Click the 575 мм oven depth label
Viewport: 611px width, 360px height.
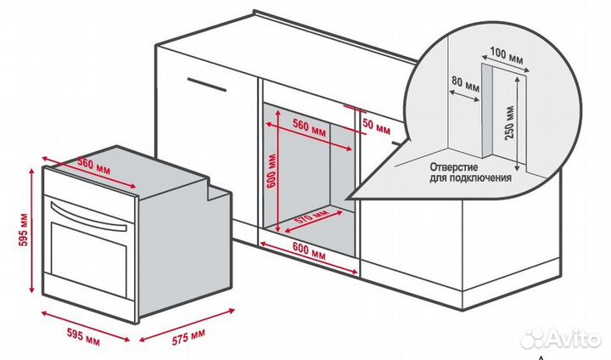point(188,337)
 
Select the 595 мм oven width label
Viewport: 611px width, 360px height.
point(83,336)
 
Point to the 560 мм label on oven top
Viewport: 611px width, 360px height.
point(93,166)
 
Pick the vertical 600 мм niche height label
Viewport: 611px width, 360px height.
point(272,172)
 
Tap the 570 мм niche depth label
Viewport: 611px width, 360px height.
point(311,220)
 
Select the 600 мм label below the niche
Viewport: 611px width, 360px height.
point(309,252)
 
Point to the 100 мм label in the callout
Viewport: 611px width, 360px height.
point(506,55)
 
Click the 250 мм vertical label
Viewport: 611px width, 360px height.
point(509,122)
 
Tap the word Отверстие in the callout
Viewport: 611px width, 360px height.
point(454,168)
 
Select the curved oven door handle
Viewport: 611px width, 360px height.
point(88,216)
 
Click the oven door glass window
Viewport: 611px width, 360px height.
point(88,259)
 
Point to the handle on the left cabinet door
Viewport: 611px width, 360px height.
point(206,85)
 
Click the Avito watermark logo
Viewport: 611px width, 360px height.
point(561,338)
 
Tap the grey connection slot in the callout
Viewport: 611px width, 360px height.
point(487,110)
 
